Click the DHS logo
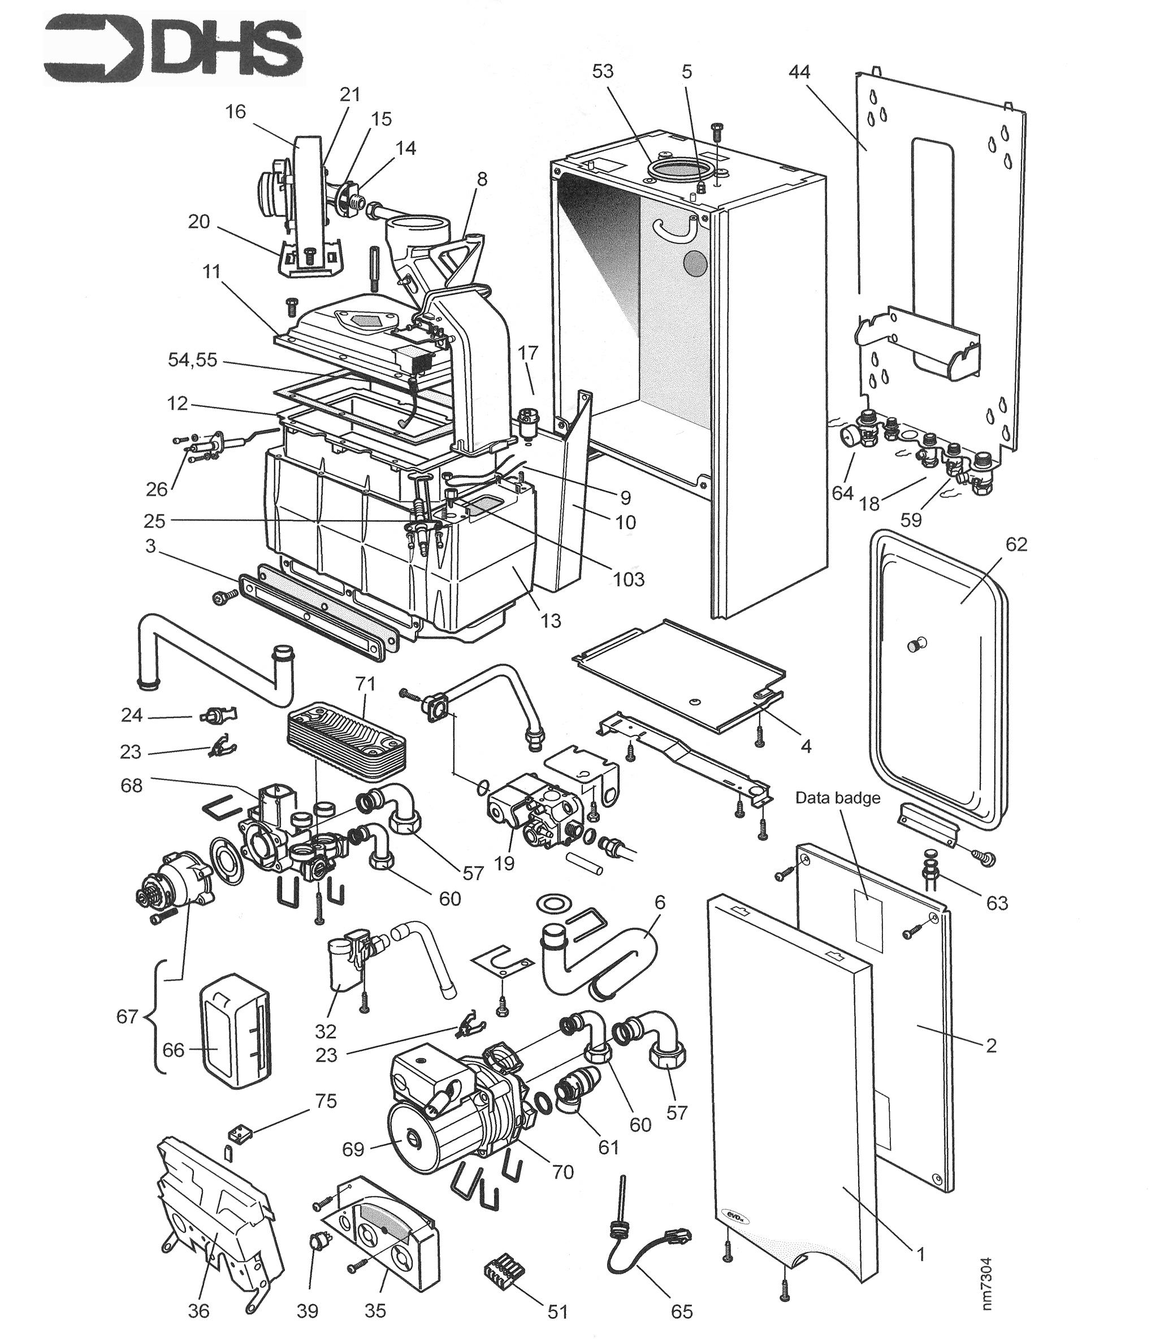click(x=173, y=53)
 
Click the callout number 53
click(x=603, y=71)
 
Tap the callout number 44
click(x=799, y=71)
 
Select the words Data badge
click(x=837, y=798)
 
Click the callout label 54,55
click(x=192, y=360)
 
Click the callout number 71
click(x=365, y=683)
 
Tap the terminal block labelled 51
click(x=501, y=1274)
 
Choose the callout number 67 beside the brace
click(x=127, y=1016)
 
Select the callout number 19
click(x=504, y=863)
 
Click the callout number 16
click(x=235, y=111)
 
